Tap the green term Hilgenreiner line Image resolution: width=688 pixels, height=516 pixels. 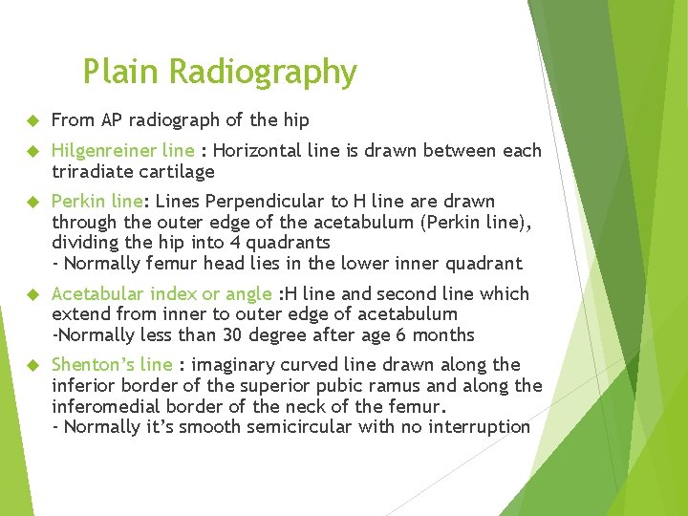[x=123, y=151]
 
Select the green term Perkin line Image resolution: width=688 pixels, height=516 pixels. [x=97, y=202]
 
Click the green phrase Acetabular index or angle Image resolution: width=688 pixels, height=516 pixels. [x=161, y=293]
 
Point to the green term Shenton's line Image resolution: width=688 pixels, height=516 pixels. [x=112, y=365]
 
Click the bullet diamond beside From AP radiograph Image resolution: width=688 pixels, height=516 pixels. [x=32, y=121]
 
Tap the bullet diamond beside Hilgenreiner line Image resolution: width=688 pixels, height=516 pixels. [x=32, y=152]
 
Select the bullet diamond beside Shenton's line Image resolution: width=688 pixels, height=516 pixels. [x=32, y=366]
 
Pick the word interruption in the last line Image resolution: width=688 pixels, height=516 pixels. [x=483, y=427]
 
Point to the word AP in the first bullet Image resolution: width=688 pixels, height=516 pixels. [x=112, y=120]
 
